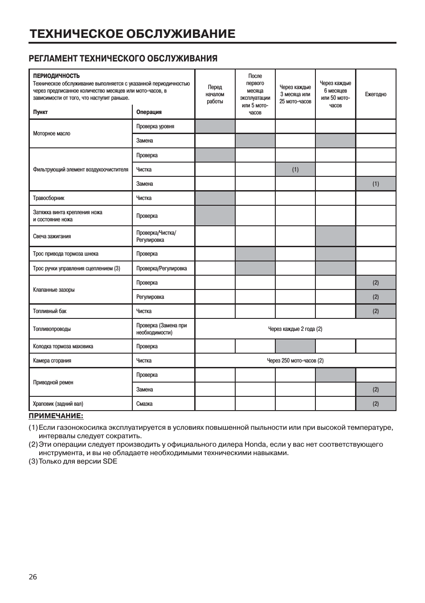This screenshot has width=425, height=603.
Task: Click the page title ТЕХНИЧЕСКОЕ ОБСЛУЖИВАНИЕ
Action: (132, 34)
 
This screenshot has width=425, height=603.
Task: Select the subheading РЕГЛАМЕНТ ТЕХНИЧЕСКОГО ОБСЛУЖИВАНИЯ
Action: (123, 58)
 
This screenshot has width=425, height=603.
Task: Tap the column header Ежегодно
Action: (376, 94)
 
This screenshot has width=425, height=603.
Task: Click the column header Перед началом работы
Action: (215, 94)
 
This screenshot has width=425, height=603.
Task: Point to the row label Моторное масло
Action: (52, 134)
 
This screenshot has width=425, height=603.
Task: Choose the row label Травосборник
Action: (49, 198)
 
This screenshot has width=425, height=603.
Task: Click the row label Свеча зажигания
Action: (52, 236)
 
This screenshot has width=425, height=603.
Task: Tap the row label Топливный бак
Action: (49, 311)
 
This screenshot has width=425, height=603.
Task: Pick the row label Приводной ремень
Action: (53, 383)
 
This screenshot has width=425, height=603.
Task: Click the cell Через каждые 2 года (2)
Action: (295, 329)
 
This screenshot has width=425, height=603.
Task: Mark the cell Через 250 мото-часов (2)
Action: (295, 361)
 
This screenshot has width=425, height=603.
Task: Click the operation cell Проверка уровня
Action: (155, 126)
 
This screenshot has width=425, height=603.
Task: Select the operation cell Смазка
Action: (144, 404)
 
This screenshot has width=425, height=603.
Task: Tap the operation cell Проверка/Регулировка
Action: (161, 269)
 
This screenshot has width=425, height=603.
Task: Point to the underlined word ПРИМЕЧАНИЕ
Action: (56, 416)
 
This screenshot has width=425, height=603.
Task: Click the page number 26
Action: (33, 577)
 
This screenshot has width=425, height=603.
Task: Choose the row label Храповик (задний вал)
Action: (58, 404)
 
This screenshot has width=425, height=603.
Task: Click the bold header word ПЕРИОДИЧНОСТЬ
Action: (56, 76)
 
